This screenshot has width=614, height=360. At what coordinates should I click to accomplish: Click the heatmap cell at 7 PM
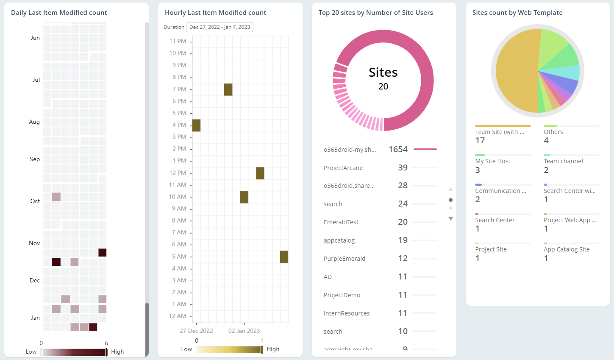click(228, 89)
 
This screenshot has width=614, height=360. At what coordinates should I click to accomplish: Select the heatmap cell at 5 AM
click(284, 257)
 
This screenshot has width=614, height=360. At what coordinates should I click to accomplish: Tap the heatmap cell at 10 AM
click(244, 197)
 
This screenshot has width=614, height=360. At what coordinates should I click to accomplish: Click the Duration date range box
click(219, 27)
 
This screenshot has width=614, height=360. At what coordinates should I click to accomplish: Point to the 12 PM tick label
click(178, 173)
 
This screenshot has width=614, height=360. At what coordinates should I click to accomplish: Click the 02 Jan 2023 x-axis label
click(244, 331)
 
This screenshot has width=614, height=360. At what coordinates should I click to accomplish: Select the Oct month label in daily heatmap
click(35, 201)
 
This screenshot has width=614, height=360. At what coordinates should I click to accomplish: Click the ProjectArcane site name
click(343, 168)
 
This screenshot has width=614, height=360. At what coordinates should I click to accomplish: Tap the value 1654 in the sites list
click(398, 149)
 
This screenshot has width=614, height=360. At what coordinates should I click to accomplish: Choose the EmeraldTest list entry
click(341, 222)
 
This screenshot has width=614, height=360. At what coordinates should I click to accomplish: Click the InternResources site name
click(347, 313)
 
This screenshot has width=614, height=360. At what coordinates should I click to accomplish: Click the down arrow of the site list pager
click(450, 219)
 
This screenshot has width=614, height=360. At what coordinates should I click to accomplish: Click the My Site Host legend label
click(493, 161)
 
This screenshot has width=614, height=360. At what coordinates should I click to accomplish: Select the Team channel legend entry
click(563, 161)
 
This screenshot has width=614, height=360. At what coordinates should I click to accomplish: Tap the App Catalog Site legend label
click(567, 249)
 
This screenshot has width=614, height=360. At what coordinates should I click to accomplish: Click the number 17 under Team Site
click(480, 140)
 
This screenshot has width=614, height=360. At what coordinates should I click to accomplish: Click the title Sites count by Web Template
click(517, 13)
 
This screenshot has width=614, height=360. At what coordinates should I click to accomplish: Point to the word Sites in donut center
click(383, 73)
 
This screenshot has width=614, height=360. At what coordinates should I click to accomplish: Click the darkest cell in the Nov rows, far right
click(102, 253)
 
